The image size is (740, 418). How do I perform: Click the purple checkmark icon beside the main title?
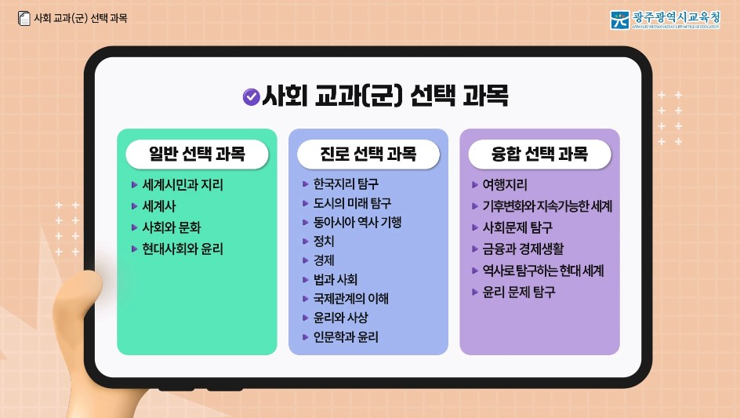252,96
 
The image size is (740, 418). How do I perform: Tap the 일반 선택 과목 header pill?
197,154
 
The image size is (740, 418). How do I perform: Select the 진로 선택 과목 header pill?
368,154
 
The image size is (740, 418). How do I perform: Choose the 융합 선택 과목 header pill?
539,154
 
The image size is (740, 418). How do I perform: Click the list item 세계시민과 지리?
182,186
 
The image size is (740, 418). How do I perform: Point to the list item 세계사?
159,207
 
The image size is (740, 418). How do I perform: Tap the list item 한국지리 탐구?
346,184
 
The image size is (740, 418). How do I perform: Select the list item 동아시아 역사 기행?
357,222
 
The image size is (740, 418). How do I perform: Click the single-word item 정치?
324,241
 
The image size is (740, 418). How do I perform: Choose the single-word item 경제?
324,260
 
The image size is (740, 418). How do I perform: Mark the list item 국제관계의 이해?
350,299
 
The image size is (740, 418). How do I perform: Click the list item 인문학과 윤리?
345,337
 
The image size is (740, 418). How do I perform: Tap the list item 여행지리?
505,185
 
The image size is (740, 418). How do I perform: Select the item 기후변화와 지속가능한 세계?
546,207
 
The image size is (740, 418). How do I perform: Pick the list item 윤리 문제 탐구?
518,293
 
